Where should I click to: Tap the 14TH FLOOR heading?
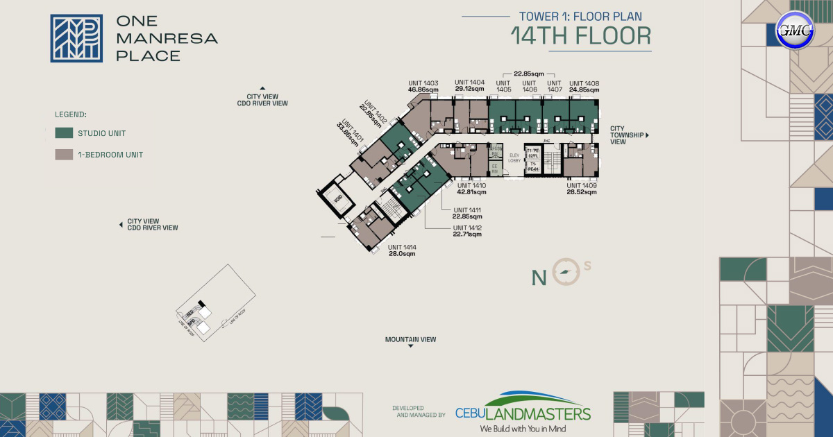tap(581, 36)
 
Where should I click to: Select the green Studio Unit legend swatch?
tap(64, 133)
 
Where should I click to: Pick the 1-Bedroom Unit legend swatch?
tap(64, 155)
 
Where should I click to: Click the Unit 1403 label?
tap(423, 86)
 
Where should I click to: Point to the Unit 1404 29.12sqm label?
tap(469, 86)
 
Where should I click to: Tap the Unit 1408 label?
tap(584, 86)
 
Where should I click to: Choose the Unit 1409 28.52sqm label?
tap(582, 189)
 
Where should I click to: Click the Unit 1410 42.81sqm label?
tap(471, 189)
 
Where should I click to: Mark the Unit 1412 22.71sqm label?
tap(467, 231)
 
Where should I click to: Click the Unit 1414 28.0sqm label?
tap(402, 250)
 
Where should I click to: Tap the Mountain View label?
tap(411, 340)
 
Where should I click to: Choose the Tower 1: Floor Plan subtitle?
tap(580, 15)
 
